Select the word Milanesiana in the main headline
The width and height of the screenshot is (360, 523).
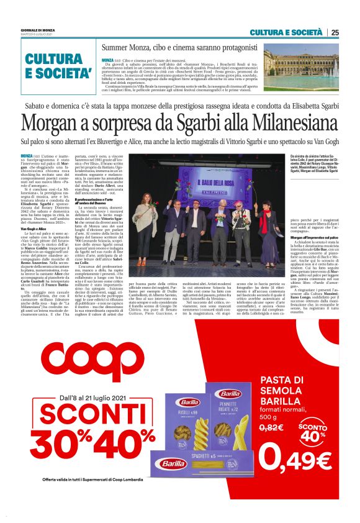[276, 123]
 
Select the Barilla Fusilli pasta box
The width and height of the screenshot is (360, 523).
[189, 419]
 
